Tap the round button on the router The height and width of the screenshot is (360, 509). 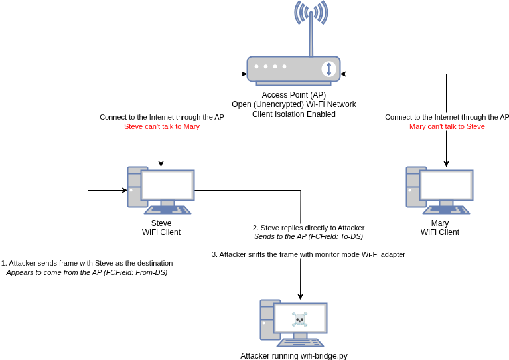(x=328, y=69)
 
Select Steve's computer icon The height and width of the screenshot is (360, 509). (x=161, y=191)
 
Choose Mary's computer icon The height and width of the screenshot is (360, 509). (x=439, y=191)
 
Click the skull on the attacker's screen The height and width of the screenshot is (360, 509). (x=300, y=319)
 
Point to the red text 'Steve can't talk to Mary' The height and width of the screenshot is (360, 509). (x=162, y=126)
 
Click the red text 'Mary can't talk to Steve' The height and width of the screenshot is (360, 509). (x=447, y=126)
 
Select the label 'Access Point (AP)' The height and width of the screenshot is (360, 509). (x=294, y=95)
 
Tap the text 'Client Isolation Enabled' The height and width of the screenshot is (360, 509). (x=294, y=114)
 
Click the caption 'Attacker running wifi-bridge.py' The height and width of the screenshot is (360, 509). (x=294, y=355)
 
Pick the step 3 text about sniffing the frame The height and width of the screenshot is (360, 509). (x=309, y=254)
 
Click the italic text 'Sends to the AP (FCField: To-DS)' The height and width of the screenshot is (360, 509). (x=309, y=236)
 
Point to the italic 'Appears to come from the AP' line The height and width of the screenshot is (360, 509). (x=87, y=272)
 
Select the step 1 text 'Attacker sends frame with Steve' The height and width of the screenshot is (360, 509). (x=87, y=263)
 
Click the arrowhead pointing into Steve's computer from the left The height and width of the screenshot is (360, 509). (x=124, y=191)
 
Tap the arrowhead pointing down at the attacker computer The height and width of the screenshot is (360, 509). (x=301, y=296)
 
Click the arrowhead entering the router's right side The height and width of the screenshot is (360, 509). (x=344, y=74)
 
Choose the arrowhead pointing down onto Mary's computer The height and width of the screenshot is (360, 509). (x=447, y=163)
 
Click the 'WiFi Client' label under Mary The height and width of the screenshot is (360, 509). (x=440, y=232)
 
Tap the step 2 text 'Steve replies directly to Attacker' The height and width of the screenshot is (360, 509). (x=309, y=228)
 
